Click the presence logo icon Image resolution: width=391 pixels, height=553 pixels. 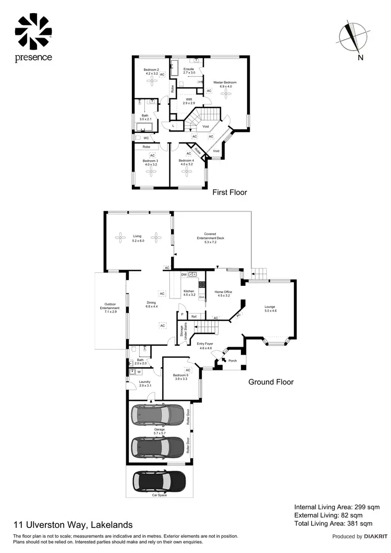pos(33,31)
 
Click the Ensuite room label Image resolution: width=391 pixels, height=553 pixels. pos(189,70)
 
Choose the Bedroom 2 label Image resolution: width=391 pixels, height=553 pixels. pos(151,71)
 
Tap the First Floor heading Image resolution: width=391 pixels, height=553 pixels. pos(229,193)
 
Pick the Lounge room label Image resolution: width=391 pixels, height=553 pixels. pos(270,308)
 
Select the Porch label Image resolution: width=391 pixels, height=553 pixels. pos(232,360)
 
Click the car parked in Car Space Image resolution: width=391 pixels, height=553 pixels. pos(159,480)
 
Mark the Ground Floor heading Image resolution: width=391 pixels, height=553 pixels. pos(271,382)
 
